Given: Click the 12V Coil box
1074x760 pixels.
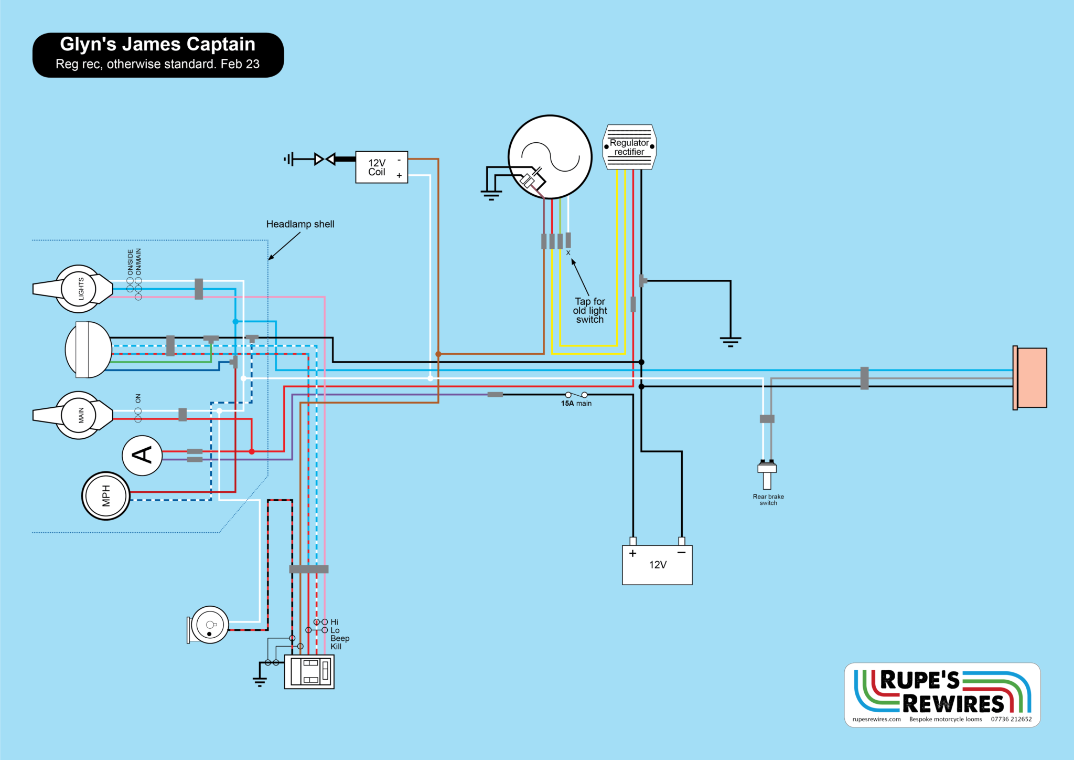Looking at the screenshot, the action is click(381, 167).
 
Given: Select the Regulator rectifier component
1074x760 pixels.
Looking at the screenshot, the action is click(629, 147).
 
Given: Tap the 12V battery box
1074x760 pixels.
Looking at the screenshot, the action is click(657, 565).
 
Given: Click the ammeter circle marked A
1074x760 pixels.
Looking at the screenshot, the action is click(142, 456).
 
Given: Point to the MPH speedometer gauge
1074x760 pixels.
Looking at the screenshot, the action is click(106, 496).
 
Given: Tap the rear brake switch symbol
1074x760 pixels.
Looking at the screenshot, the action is click(767, 474).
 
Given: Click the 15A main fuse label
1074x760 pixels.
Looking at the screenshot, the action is click(576, 403).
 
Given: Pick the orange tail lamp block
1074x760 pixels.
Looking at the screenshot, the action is click(1030, 377).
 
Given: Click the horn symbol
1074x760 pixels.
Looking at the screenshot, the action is click(208, 625).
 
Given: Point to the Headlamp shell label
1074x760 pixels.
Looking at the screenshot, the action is click(300, 224).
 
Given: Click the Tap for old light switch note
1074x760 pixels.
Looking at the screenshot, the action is click(590, 310).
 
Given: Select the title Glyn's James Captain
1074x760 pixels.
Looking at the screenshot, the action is click(157, 44).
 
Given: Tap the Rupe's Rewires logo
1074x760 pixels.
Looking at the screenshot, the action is click(942, 695).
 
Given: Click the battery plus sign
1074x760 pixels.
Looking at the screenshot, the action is click(633, 553).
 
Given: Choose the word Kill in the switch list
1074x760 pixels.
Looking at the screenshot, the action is click(336, 647).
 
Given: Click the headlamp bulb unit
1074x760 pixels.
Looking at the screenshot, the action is click(88, 350).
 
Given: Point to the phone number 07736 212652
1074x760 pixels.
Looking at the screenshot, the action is click(1011, 719).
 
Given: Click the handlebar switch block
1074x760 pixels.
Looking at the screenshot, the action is click(309, 671).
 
